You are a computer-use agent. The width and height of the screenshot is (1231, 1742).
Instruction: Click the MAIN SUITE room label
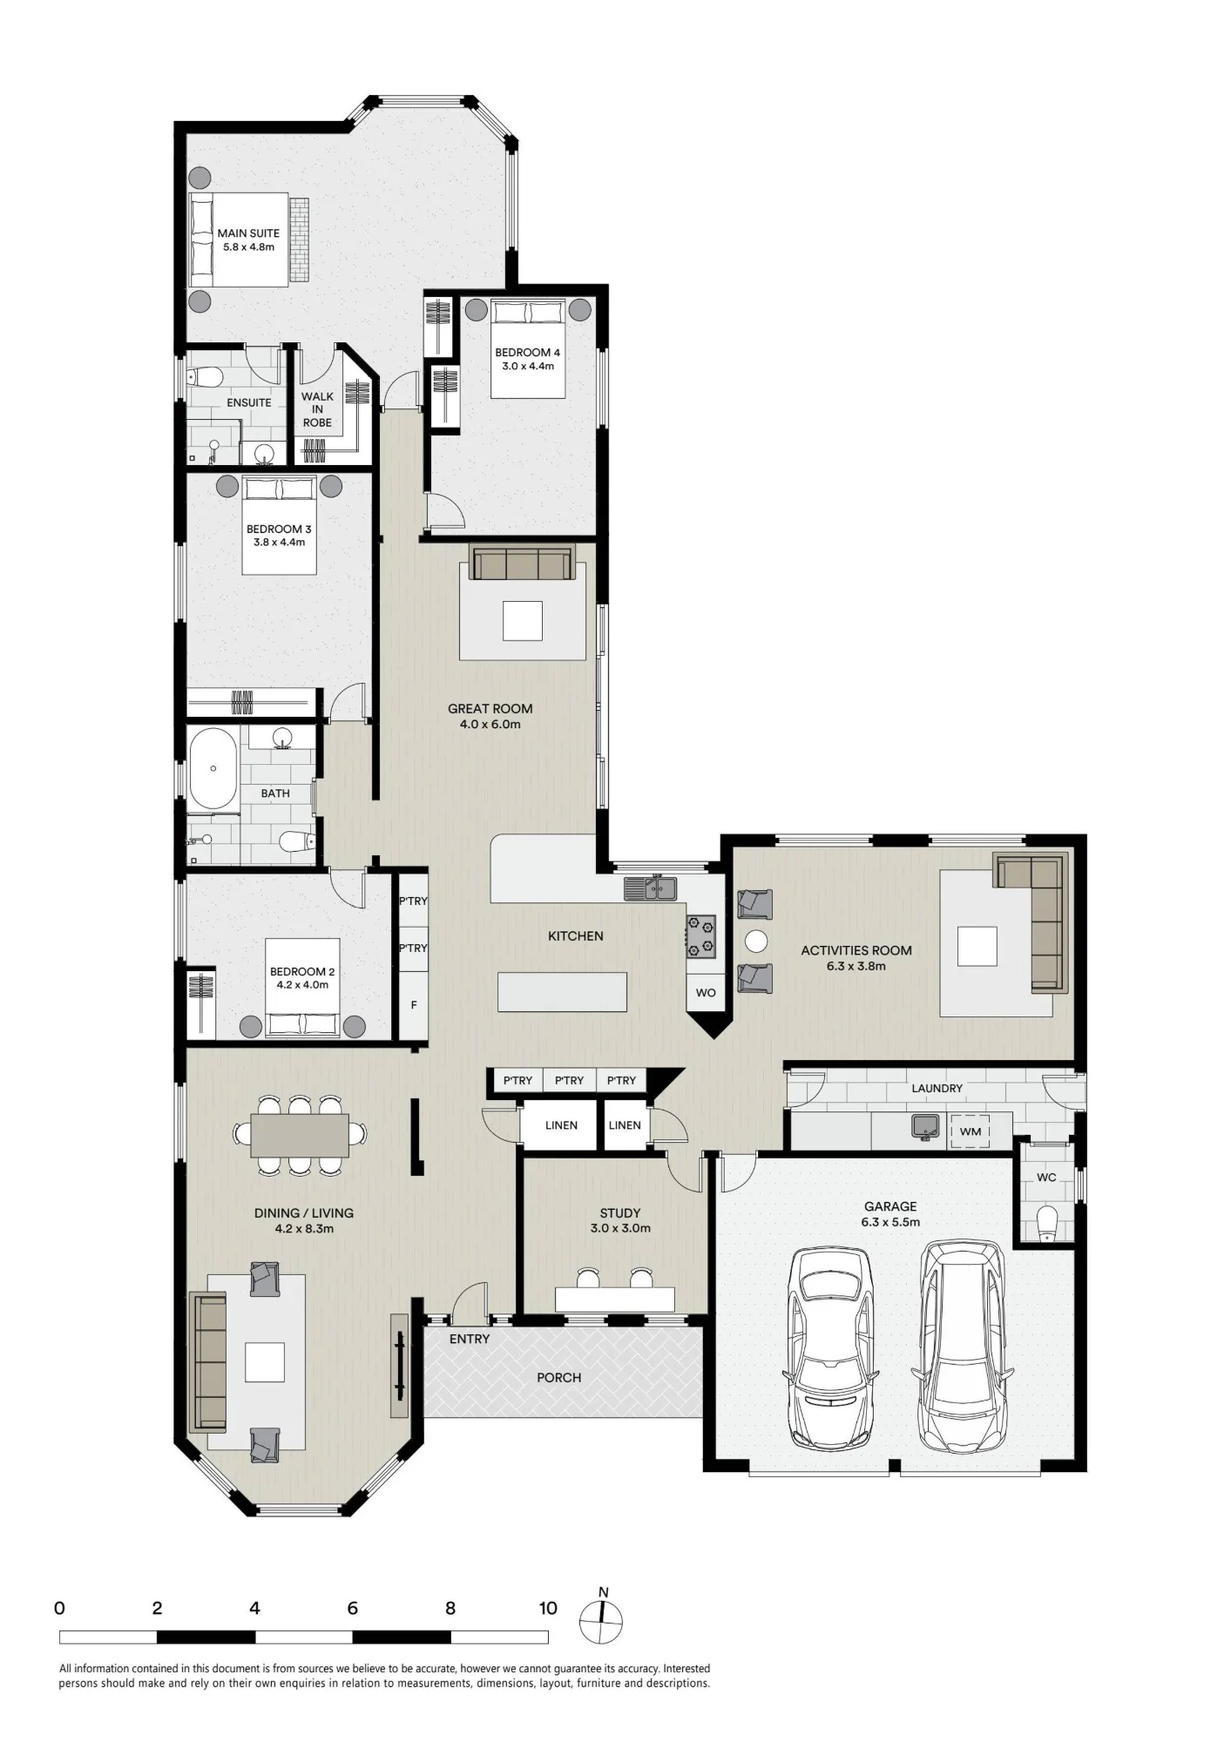tap(248, 233)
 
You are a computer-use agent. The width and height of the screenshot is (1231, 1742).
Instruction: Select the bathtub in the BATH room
tap(213, 769)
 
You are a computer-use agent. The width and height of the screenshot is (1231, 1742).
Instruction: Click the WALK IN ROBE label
tap(317, 409)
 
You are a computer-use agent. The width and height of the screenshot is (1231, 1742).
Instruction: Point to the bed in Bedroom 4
tap(528, 348)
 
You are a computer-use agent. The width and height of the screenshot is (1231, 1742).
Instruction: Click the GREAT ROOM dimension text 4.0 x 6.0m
tap(490, 724)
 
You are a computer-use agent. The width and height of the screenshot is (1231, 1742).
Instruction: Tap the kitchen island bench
tap(562, 991)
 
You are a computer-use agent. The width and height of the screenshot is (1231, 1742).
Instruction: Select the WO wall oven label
tap(706, 993)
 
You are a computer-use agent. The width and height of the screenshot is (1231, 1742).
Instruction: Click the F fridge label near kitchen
tap(414, 1005)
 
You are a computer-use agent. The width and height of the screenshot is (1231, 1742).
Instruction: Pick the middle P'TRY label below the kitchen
tap(569, 1081)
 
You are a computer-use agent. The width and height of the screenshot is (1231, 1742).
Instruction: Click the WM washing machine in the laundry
tap(970, 1131)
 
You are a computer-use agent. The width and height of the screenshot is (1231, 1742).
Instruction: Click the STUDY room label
tap(620, 1212)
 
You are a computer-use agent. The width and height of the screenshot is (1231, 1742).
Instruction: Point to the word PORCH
tap(558, 1377)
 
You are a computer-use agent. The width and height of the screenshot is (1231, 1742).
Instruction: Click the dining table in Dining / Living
tap(300, 1135)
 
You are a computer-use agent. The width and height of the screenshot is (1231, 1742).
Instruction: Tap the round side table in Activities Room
tap(755, 941)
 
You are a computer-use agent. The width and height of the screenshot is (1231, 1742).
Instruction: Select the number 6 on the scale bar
tap(353, 1608)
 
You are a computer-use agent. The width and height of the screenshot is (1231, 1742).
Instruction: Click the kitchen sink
tap(651, 888)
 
